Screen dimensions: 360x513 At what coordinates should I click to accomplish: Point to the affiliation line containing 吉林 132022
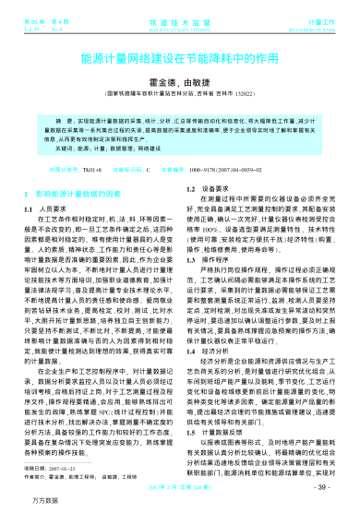pos(180,95)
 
